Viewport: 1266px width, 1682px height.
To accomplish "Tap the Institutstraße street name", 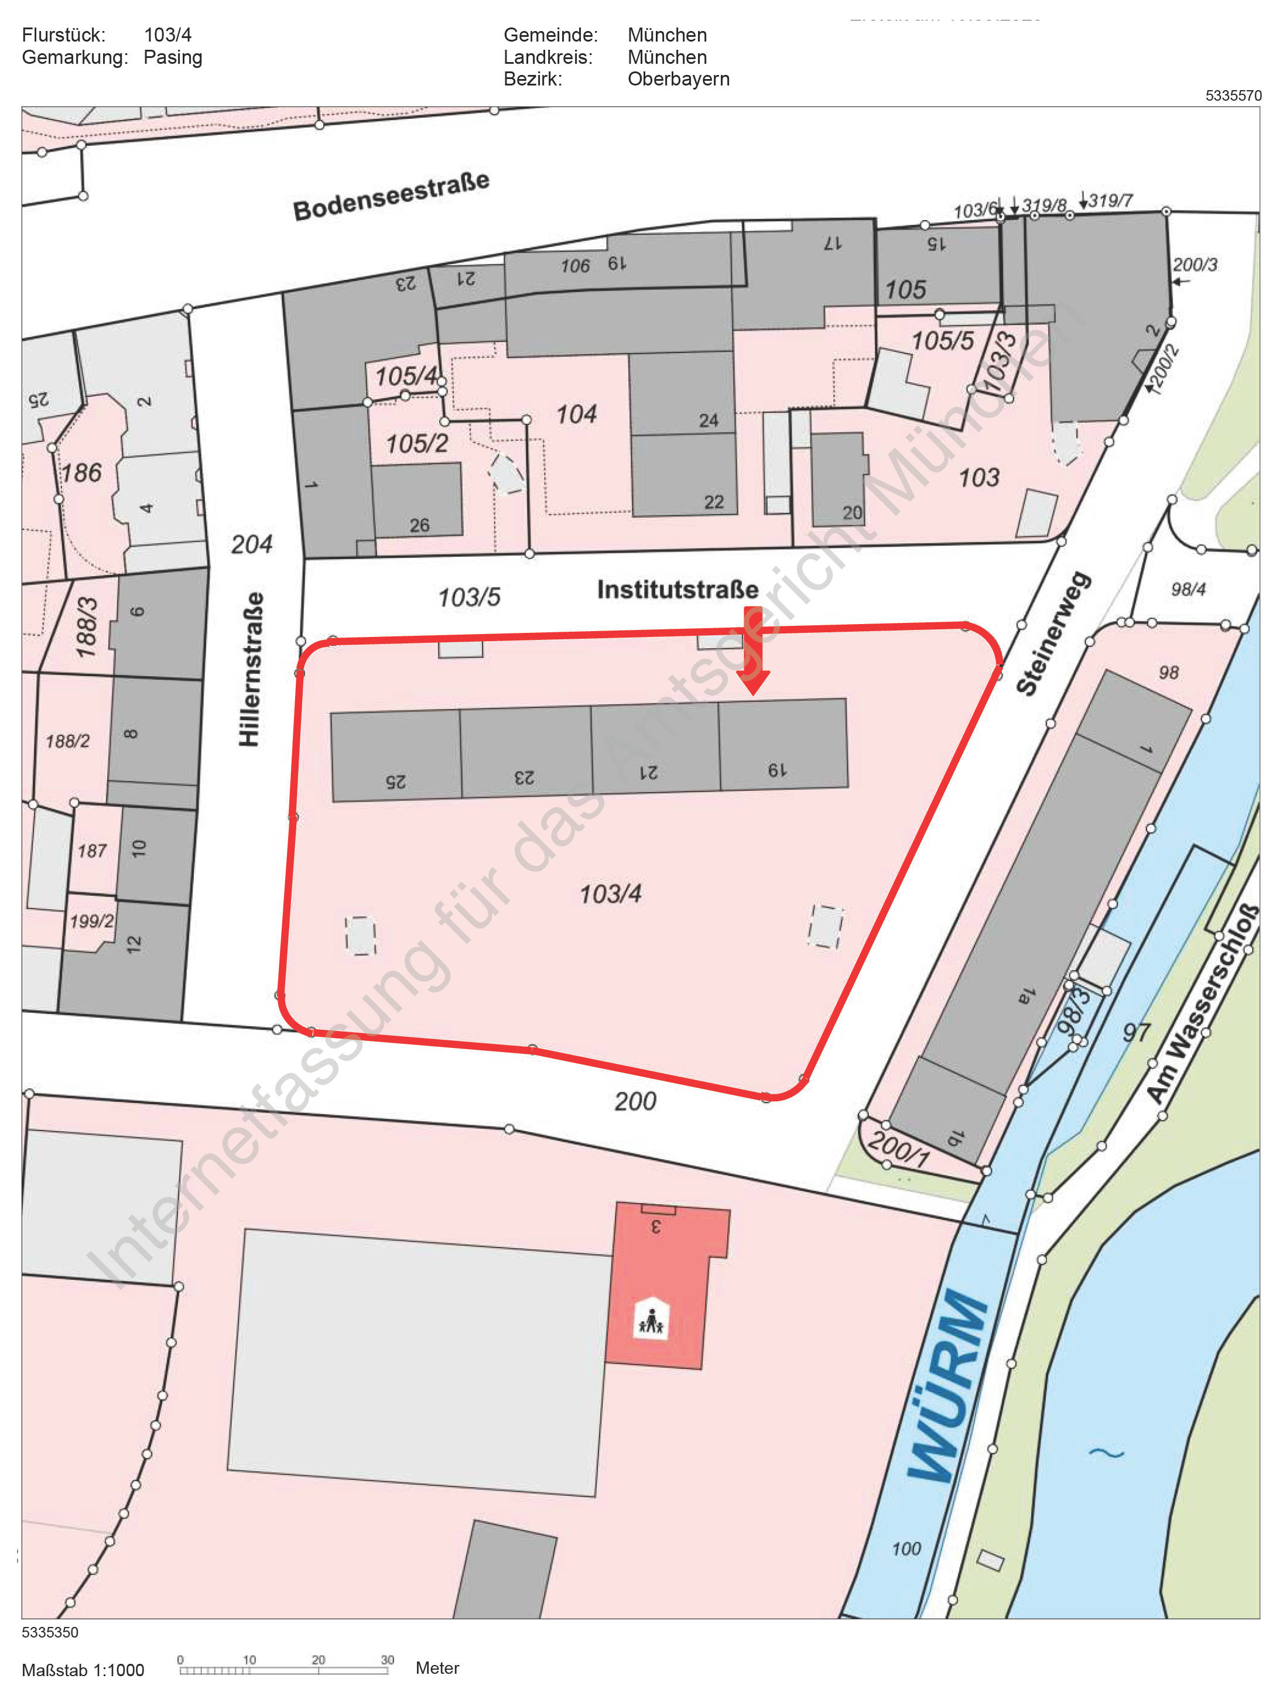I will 677,590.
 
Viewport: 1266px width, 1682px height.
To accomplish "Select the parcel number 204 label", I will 252,544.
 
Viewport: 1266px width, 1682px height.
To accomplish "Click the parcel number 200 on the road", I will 635,1101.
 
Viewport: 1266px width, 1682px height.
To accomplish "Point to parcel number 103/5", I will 469,598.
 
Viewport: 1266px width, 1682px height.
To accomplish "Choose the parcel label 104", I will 576,414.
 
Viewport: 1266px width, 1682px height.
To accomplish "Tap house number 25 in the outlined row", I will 395,781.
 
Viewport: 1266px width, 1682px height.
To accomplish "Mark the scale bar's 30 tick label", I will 387,1659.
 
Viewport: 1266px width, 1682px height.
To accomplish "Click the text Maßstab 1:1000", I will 83,1670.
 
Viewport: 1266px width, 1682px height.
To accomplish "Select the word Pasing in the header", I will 173,57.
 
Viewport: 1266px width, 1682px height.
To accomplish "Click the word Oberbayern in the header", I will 678,79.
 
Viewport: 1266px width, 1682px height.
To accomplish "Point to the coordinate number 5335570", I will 1233,96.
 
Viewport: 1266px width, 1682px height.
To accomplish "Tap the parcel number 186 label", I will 81,473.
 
